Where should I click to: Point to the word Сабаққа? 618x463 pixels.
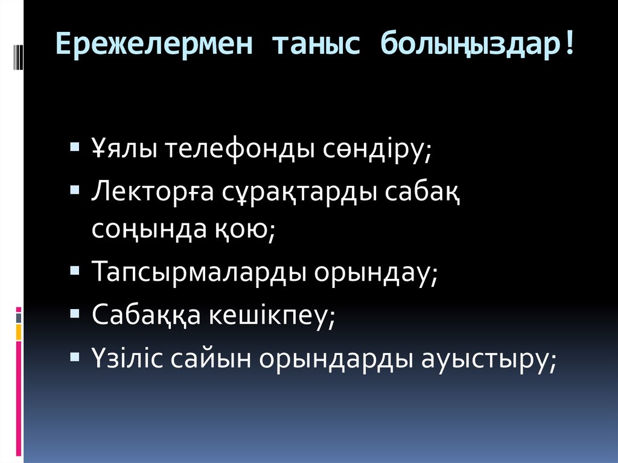(x=145, y=315)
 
